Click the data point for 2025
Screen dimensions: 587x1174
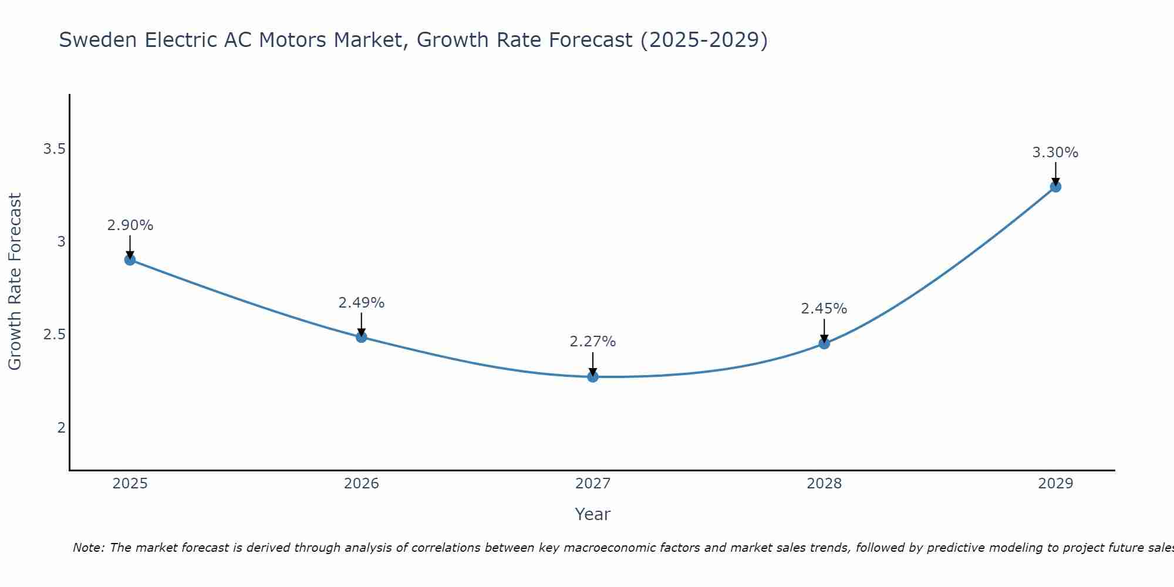tap(130, 259)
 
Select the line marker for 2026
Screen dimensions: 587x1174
tap(362, 337)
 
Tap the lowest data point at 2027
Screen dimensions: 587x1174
tap(593, 377)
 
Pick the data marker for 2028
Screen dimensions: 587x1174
tap(824, 343)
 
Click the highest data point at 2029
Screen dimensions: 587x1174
tap(1055, 187)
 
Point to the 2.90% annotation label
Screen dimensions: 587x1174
tap(130, 225)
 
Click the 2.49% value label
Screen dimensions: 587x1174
tap(362, 303)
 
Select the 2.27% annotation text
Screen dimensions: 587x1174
tap(593, 342)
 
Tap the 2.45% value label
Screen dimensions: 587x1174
tap(824, 309)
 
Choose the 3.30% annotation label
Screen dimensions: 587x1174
tap(1055, 153)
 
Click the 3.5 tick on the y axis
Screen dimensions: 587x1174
tap(54, 149)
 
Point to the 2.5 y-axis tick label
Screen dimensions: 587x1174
tap(54, 335)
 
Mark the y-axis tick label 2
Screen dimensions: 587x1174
tap(61, 427)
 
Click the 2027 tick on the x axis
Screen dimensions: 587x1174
tap(593, 484)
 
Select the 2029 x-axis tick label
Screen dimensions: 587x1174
tap(1055, 484)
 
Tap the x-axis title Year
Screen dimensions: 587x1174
tap(593, 514)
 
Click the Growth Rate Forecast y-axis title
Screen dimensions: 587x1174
tap(15, 282)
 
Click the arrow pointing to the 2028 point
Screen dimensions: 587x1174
tap(824, 330)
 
